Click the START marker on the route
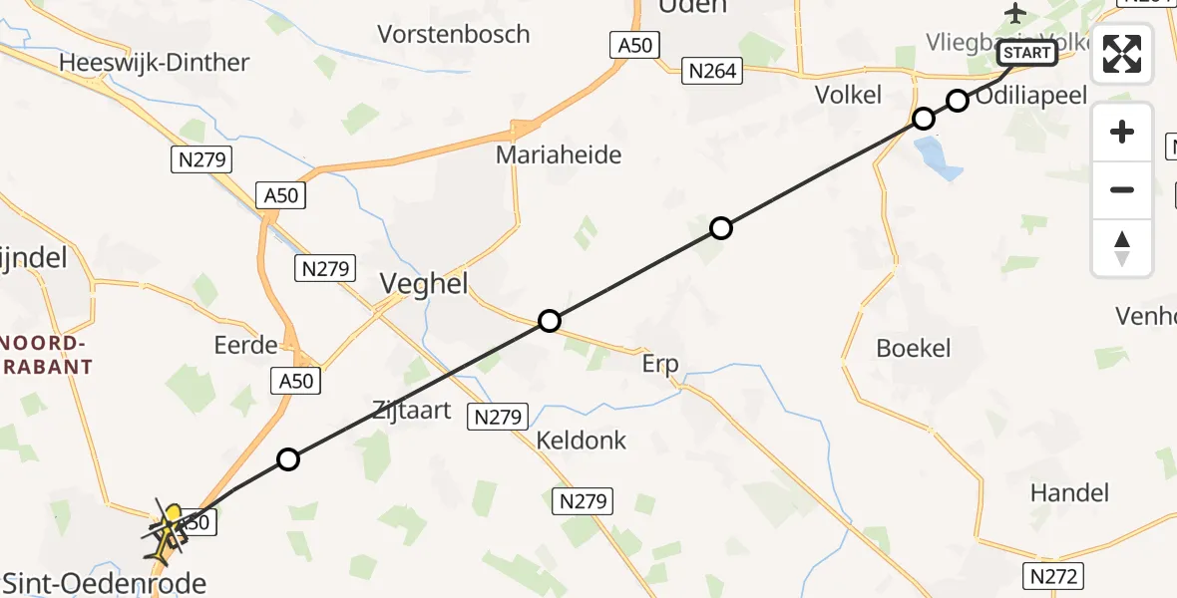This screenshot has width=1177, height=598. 1025,52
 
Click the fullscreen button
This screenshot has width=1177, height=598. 1122,54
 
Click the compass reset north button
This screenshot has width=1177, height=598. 1122,248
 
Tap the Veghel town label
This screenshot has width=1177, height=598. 424,285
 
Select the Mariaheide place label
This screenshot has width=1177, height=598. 559,154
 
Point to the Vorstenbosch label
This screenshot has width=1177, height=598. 454,34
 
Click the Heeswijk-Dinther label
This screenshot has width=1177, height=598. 155,62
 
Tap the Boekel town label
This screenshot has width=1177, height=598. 913,348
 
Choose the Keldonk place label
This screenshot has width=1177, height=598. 581,440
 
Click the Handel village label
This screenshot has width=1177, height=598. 1069,491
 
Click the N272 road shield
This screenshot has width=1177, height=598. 1054,575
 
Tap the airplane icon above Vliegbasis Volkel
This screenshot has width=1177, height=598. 1015,14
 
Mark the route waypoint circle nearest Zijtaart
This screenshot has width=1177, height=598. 288,459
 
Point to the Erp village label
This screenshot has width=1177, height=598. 660,364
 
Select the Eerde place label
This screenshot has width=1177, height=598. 245,345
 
